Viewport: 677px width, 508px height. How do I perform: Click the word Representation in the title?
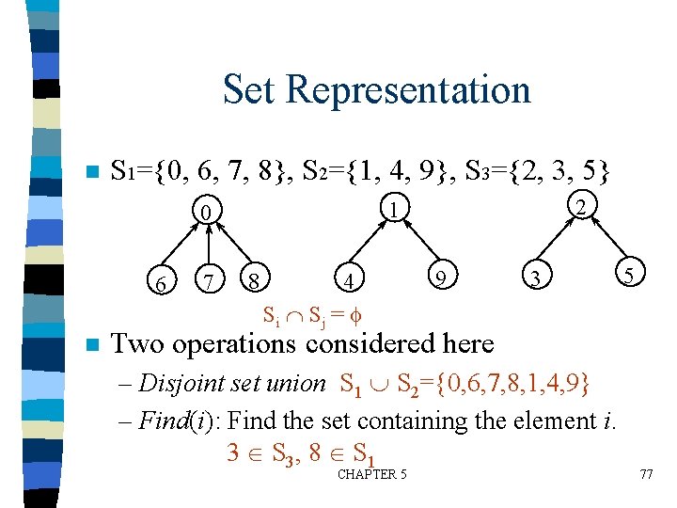click(408, 90)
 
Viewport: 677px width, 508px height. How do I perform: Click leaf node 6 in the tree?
click(162, 279)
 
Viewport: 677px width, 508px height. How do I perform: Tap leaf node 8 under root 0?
click(252, 279)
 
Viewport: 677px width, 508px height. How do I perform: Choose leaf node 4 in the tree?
click(349, 280)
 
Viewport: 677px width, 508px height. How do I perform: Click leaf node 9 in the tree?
click(438, 277)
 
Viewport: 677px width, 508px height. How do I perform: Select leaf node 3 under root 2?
click(534, 279)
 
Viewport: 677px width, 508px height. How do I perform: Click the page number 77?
click(645, 474)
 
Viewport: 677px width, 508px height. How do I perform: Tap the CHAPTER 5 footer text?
click(371, 474)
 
